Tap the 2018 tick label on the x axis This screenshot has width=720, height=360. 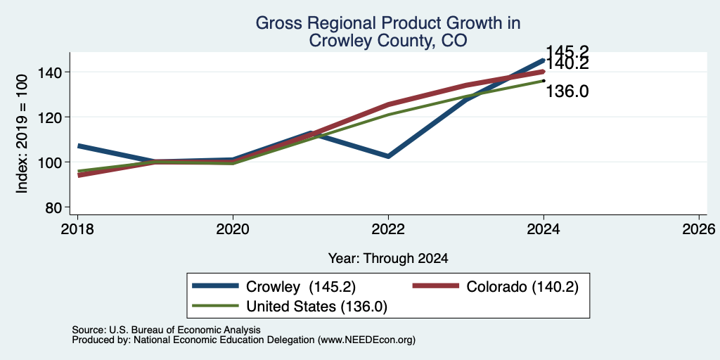pos(77,229)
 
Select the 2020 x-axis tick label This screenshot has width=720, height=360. pos(233,229)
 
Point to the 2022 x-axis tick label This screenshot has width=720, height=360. pos(388,229)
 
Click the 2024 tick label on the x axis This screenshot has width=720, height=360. pos(544,229)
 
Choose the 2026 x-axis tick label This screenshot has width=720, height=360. pos(699,229)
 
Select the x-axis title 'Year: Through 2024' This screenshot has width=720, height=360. pos(388,259)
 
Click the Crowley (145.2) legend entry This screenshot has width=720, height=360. pos(274,287)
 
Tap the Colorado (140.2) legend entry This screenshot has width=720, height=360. pos(496,287)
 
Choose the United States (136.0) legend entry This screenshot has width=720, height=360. pos(289,307)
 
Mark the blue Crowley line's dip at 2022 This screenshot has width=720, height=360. pos(388,157)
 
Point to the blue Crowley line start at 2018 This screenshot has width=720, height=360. pos(79,146)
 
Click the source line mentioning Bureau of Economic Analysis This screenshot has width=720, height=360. pos(166,330)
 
